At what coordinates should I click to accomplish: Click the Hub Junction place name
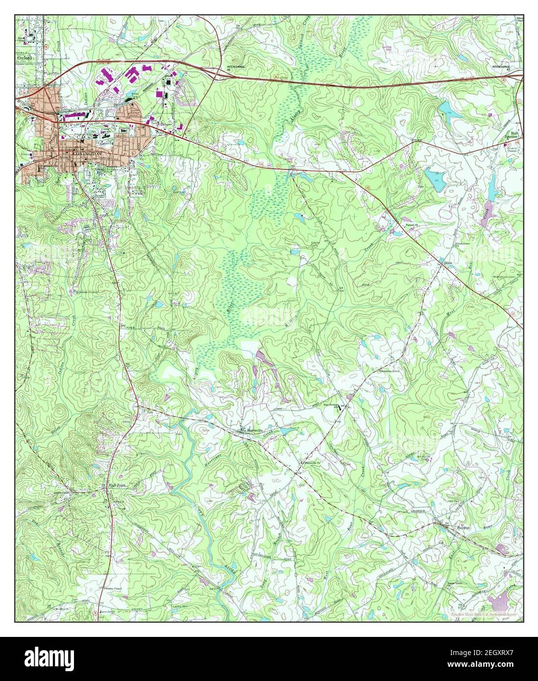pyautogui.click(x=514, y=135)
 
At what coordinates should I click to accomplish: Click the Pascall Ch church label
pyautogui.click(x=411, y=225)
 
